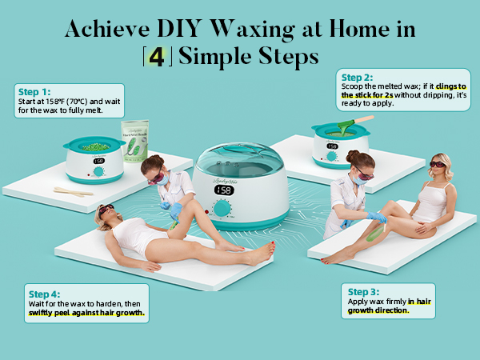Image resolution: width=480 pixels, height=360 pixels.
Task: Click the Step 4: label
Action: (44, 294)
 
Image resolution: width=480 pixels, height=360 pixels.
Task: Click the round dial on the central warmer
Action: (222, 210)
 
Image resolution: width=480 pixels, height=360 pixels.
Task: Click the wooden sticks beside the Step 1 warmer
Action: (74, 190)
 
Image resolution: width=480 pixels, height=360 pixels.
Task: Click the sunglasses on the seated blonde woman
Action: (438, 163)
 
